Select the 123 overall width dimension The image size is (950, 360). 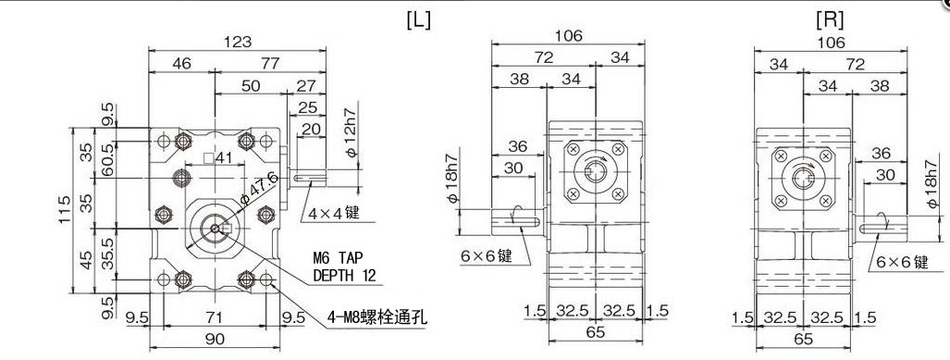238,42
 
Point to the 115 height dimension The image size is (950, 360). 65,210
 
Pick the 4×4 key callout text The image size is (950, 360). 334,214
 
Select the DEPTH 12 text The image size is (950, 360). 344,276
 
